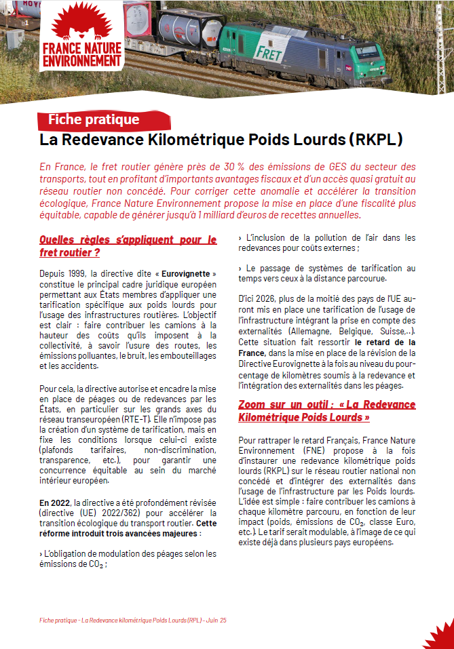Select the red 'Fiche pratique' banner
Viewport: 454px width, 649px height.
(x=94, y=120)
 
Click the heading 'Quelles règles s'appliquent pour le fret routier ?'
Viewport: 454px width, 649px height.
(x=128, y=246)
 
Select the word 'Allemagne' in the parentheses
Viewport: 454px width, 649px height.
(x=309, y=330)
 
